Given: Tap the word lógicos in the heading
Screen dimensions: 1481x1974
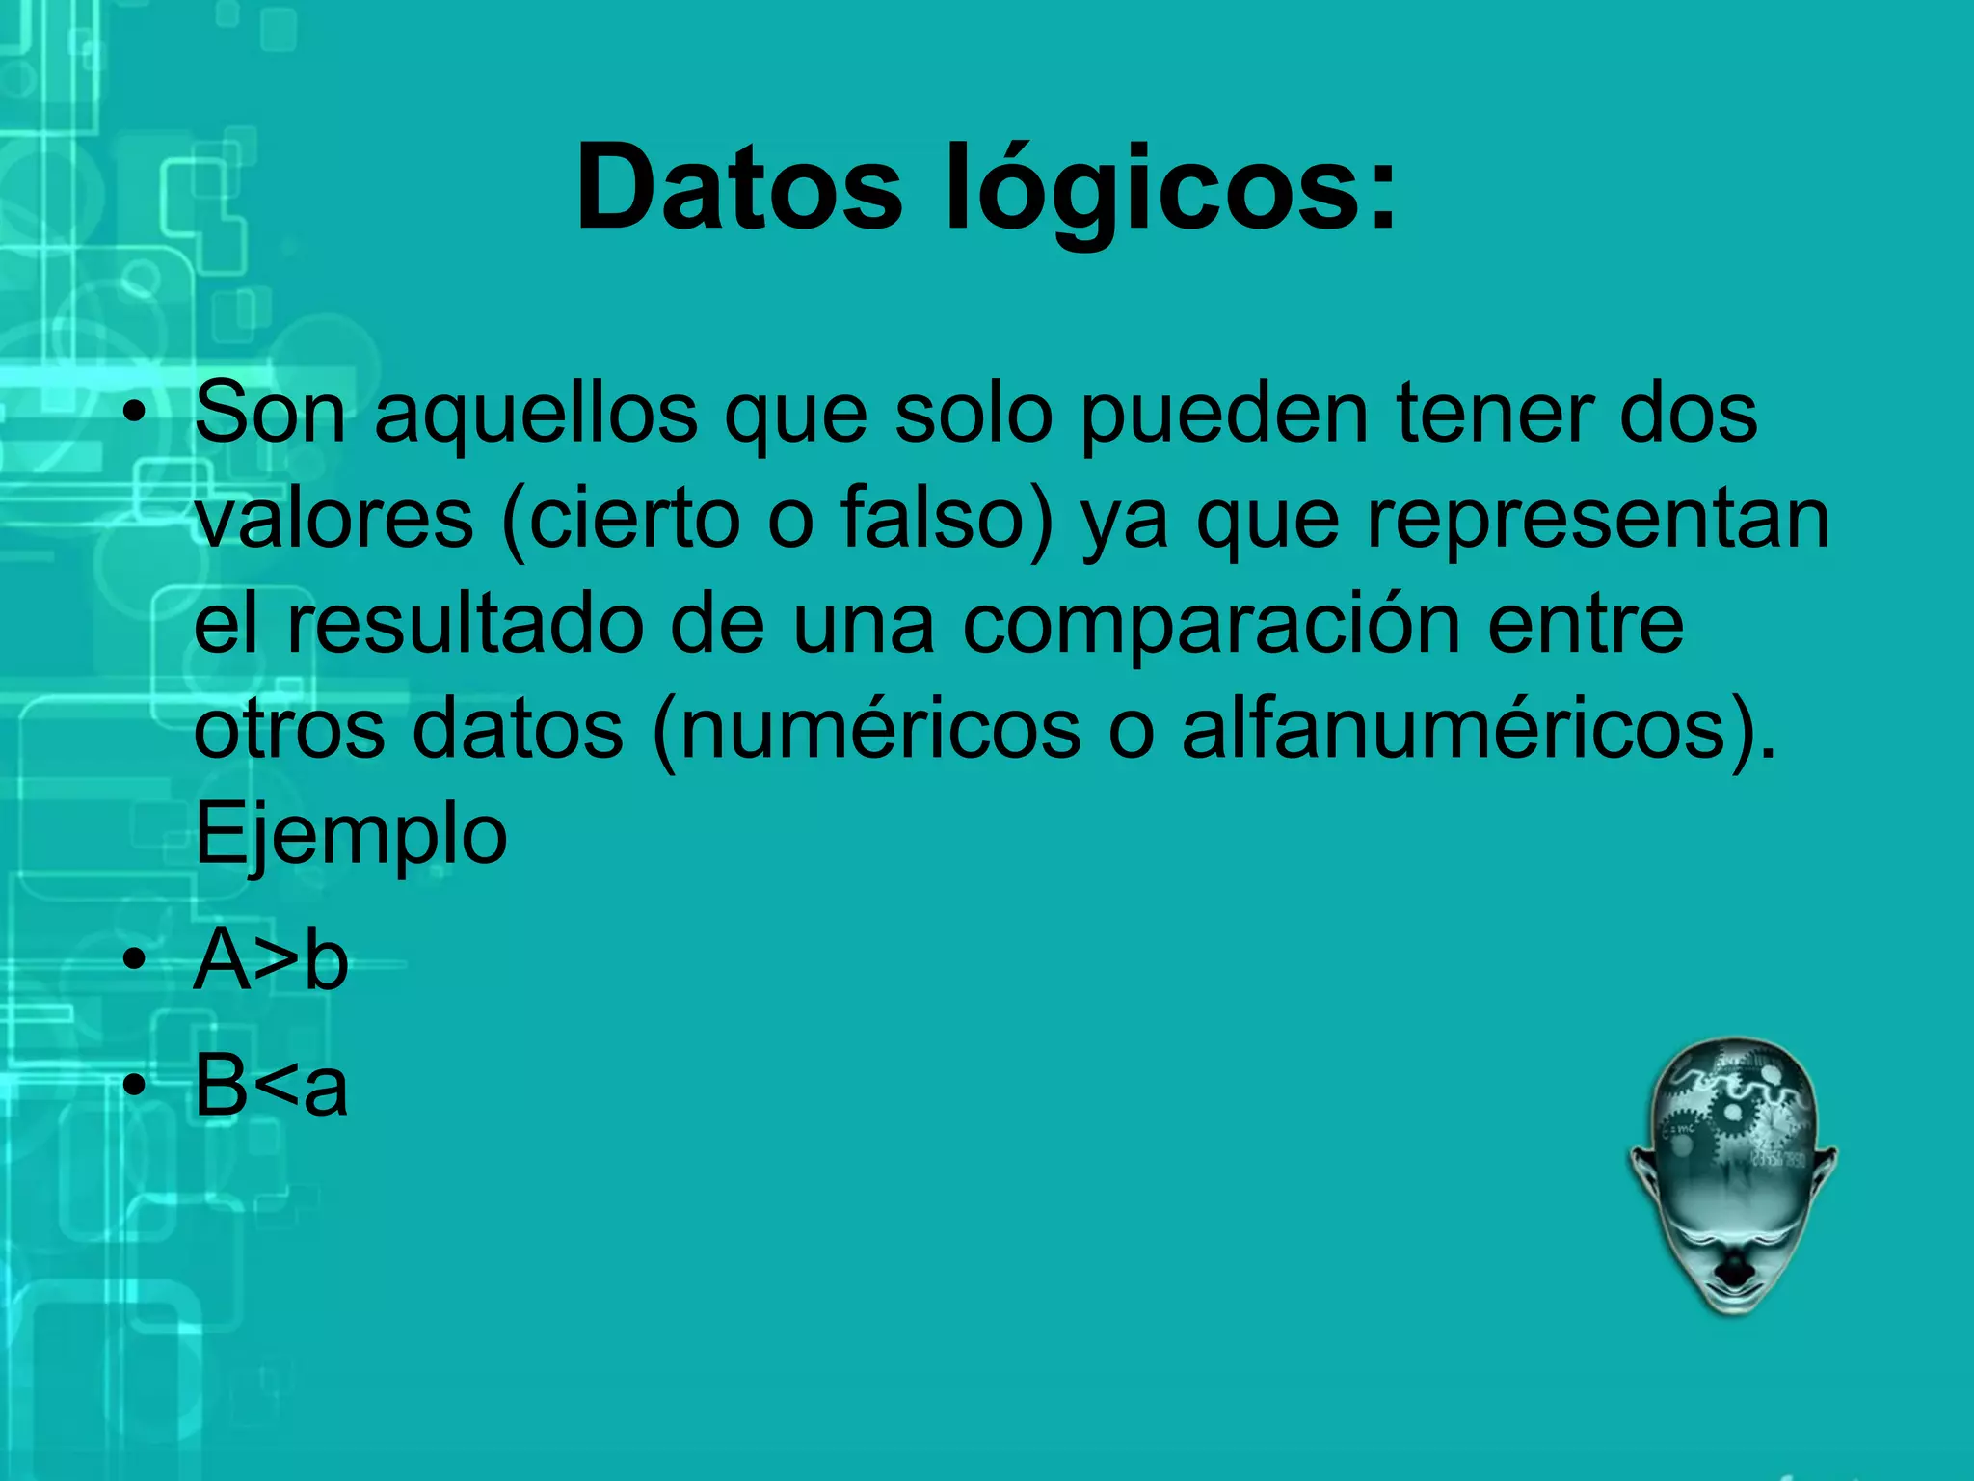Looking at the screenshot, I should tap(1171, 190).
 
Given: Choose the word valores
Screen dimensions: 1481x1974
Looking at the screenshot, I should tap(334, 520).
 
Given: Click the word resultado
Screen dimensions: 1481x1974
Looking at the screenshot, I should tap(466, 625).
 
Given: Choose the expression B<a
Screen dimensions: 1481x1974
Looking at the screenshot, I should tap(272, 1086).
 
